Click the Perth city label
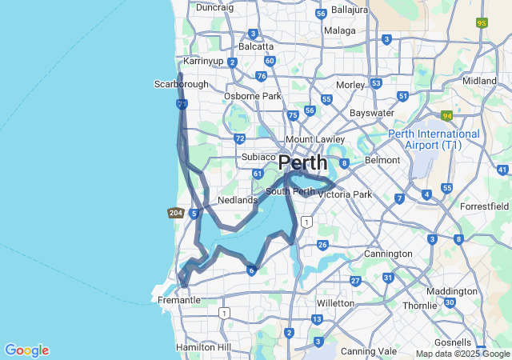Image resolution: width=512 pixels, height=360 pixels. [302, 162]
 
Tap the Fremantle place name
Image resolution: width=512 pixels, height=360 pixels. [179, 300]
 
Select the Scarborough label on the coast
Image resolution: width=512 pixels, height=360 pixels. [181, 84]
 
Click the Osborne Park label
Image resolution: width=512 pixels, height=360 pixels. [252, 96]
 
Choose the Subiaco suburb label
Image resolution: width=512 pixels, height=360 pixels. [258, 157]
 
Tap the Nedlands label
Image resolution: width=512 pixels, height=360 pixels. [238, 200]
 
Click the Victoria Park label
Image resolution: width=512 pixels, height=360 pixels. [345, 194]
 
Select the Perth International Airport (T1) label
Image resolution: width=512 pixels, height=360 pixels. [434, 139]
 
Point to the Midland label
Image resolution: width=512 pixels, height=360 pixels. [479, 81]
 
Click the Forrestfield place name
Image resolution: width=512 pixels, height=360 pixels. [484, 206]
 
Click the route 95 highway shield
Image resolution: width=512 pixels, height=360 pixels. [482, 23]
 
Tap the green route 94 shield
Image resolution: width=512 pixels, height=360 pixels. [446, 116]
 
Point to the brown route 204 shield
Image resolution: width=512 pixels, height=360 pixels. [176, 213]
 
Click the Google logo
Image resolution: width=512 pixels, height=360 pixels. [26, 350]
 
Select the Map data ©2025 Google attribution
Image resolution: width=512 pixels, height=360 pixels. [462, 354]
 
